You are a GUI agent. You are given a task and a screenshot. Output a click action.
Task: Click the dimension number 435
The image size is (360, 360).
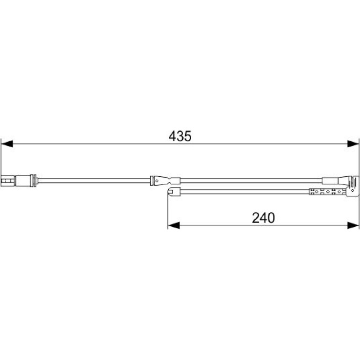180,136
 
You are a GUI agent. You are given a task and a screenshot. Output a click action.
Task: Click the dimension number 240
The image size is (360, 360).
263,218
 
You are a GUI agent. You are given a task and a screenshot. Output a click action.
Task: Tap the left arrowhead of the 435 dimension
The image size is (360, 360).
7,144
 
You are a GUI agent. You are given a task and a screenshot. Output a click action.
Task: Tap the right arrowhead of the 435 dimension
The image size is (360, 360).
353,144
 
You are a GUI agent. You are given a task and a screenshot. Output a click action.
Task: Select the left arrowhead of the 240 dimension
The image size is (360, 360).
174,225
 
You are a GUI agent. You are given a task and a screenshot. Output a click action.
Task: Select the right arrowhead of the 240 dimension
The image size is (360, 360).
353,225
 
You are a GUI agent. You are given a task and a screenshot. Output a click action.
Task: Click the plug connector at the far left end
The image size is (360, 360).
8,180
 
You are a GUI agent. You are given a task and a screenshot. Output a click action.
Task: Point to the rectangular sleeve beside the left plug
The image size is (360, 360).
23,180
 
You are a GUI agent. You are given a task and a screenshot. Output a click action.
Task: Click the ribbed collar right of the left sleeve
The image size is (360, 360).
34,180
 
